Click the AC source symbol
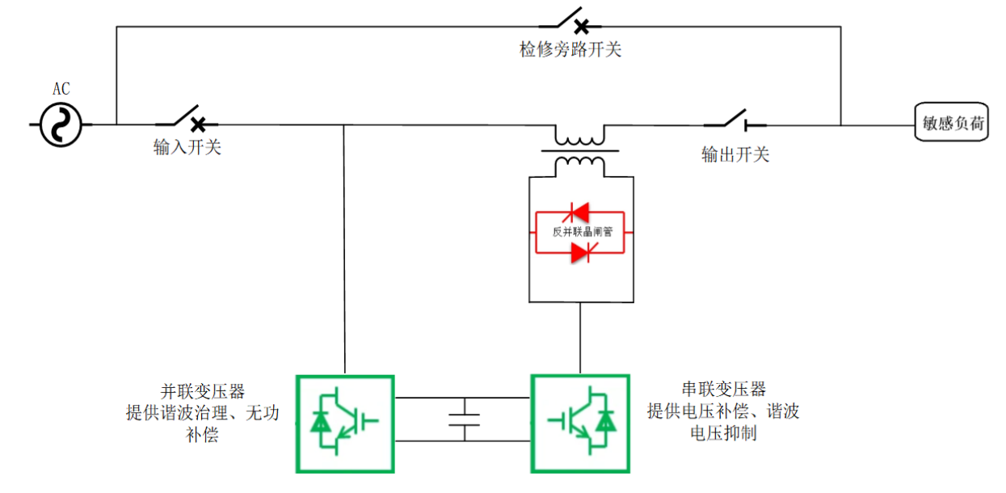(x=61, y=125)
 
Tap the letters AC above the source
(x=61, y=90)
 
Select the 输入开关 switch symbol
(x=187, y=120)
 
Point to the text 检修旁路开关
(x=570, y=49)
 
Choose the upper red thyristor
(x=580, y=212)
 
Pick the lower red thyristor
(x=580, y=253)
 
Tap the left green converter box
(x=345, y=423)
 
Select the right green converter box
(x=579, y=423)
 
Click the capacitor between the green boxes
(x=464, y=418)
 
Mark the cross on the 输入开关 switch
(x=197, y=124)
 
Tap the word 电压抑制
(x=723, y=433)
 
